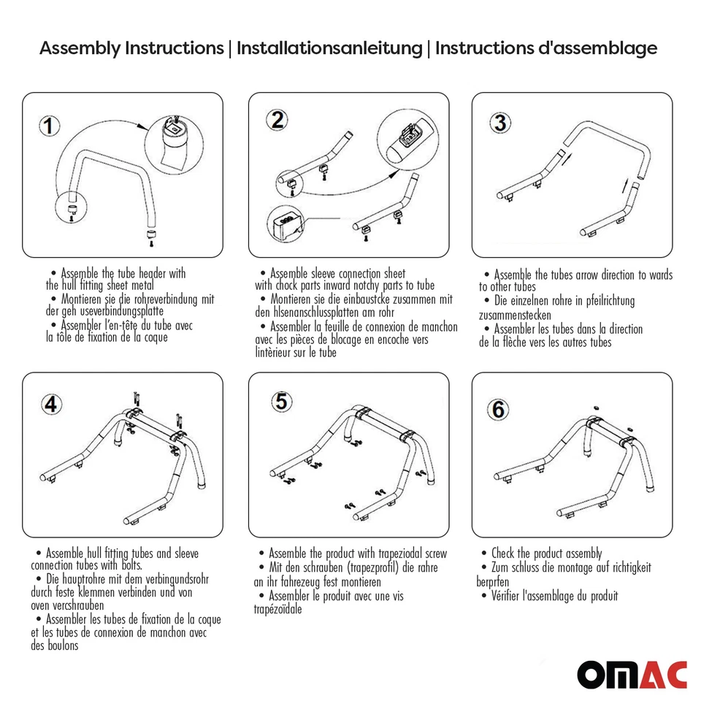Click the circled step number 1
(x=47, y=127)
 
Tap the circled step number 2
(x=277, y=120)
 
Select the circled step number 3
(x=499, y=122)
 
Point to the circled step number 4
(x=50, y=405)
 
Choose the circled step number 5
(x=280, y=401)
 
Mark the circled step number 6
(x=498, y=410)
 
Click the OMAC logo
(x=632, y=674)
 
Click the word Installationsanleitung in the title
(x=329, y=48)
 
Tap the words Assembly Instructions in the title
(x=131, y=48)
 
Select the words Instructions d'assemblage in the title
(x=546, y=48)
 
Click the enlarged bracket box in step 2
(x=287, y=222)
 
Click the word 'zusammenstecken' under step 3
(x=515, y=315)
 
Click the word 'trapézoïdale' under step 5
(x=277, y=609)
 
